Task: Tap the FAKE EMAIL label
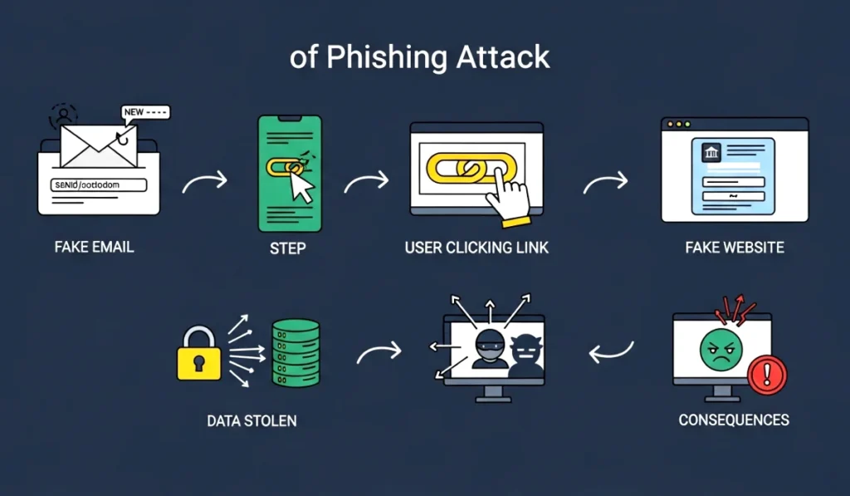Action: pos(94,247)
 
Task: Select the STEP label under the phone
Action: pos(288,248)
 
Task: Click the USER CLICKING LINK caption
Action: pos(476,248)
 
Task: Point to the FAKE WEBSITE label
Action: pos(735,248)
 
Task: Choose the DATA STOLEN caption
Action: pos(252,421)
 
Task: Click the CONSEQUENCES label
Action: pos(734,420)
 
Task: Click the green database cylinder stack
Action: pos(296,351)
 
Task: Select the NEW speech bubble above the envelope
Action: pos(144,112)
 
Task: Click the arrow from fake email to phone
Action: pos(205,182)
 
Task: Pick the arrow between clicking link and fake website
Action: pos(605,184)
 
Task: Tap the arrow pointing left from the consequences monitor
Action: pos(612,353)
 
